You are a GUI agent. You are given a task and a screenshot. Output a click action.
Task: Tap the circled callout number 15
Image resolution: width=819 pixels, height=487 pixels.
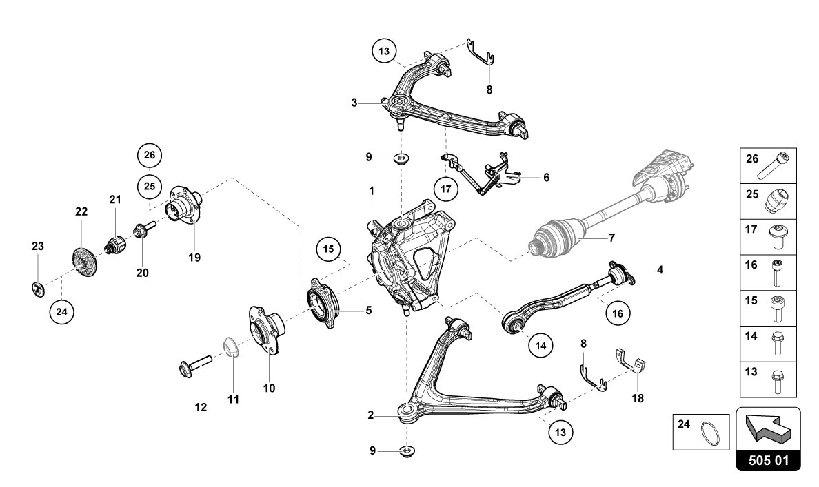(x=330, y=249)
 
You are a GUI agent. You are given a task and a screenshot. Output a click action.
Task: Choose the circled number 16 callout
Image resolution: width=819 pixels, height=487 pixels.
(x=617, y=313)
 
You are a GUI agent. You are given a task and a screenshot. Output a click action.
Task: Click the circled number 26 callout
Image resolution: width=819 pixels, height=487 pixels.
(x=150, y=156)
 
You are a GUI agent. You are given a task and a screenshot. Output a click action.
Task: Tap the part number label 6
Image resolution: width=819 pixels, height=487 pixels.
(x=546, y=177)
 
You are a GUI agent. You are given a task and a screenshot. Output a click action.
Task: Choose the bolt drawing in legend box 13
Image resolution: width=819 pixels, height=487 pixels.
(x=778, y=380)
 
